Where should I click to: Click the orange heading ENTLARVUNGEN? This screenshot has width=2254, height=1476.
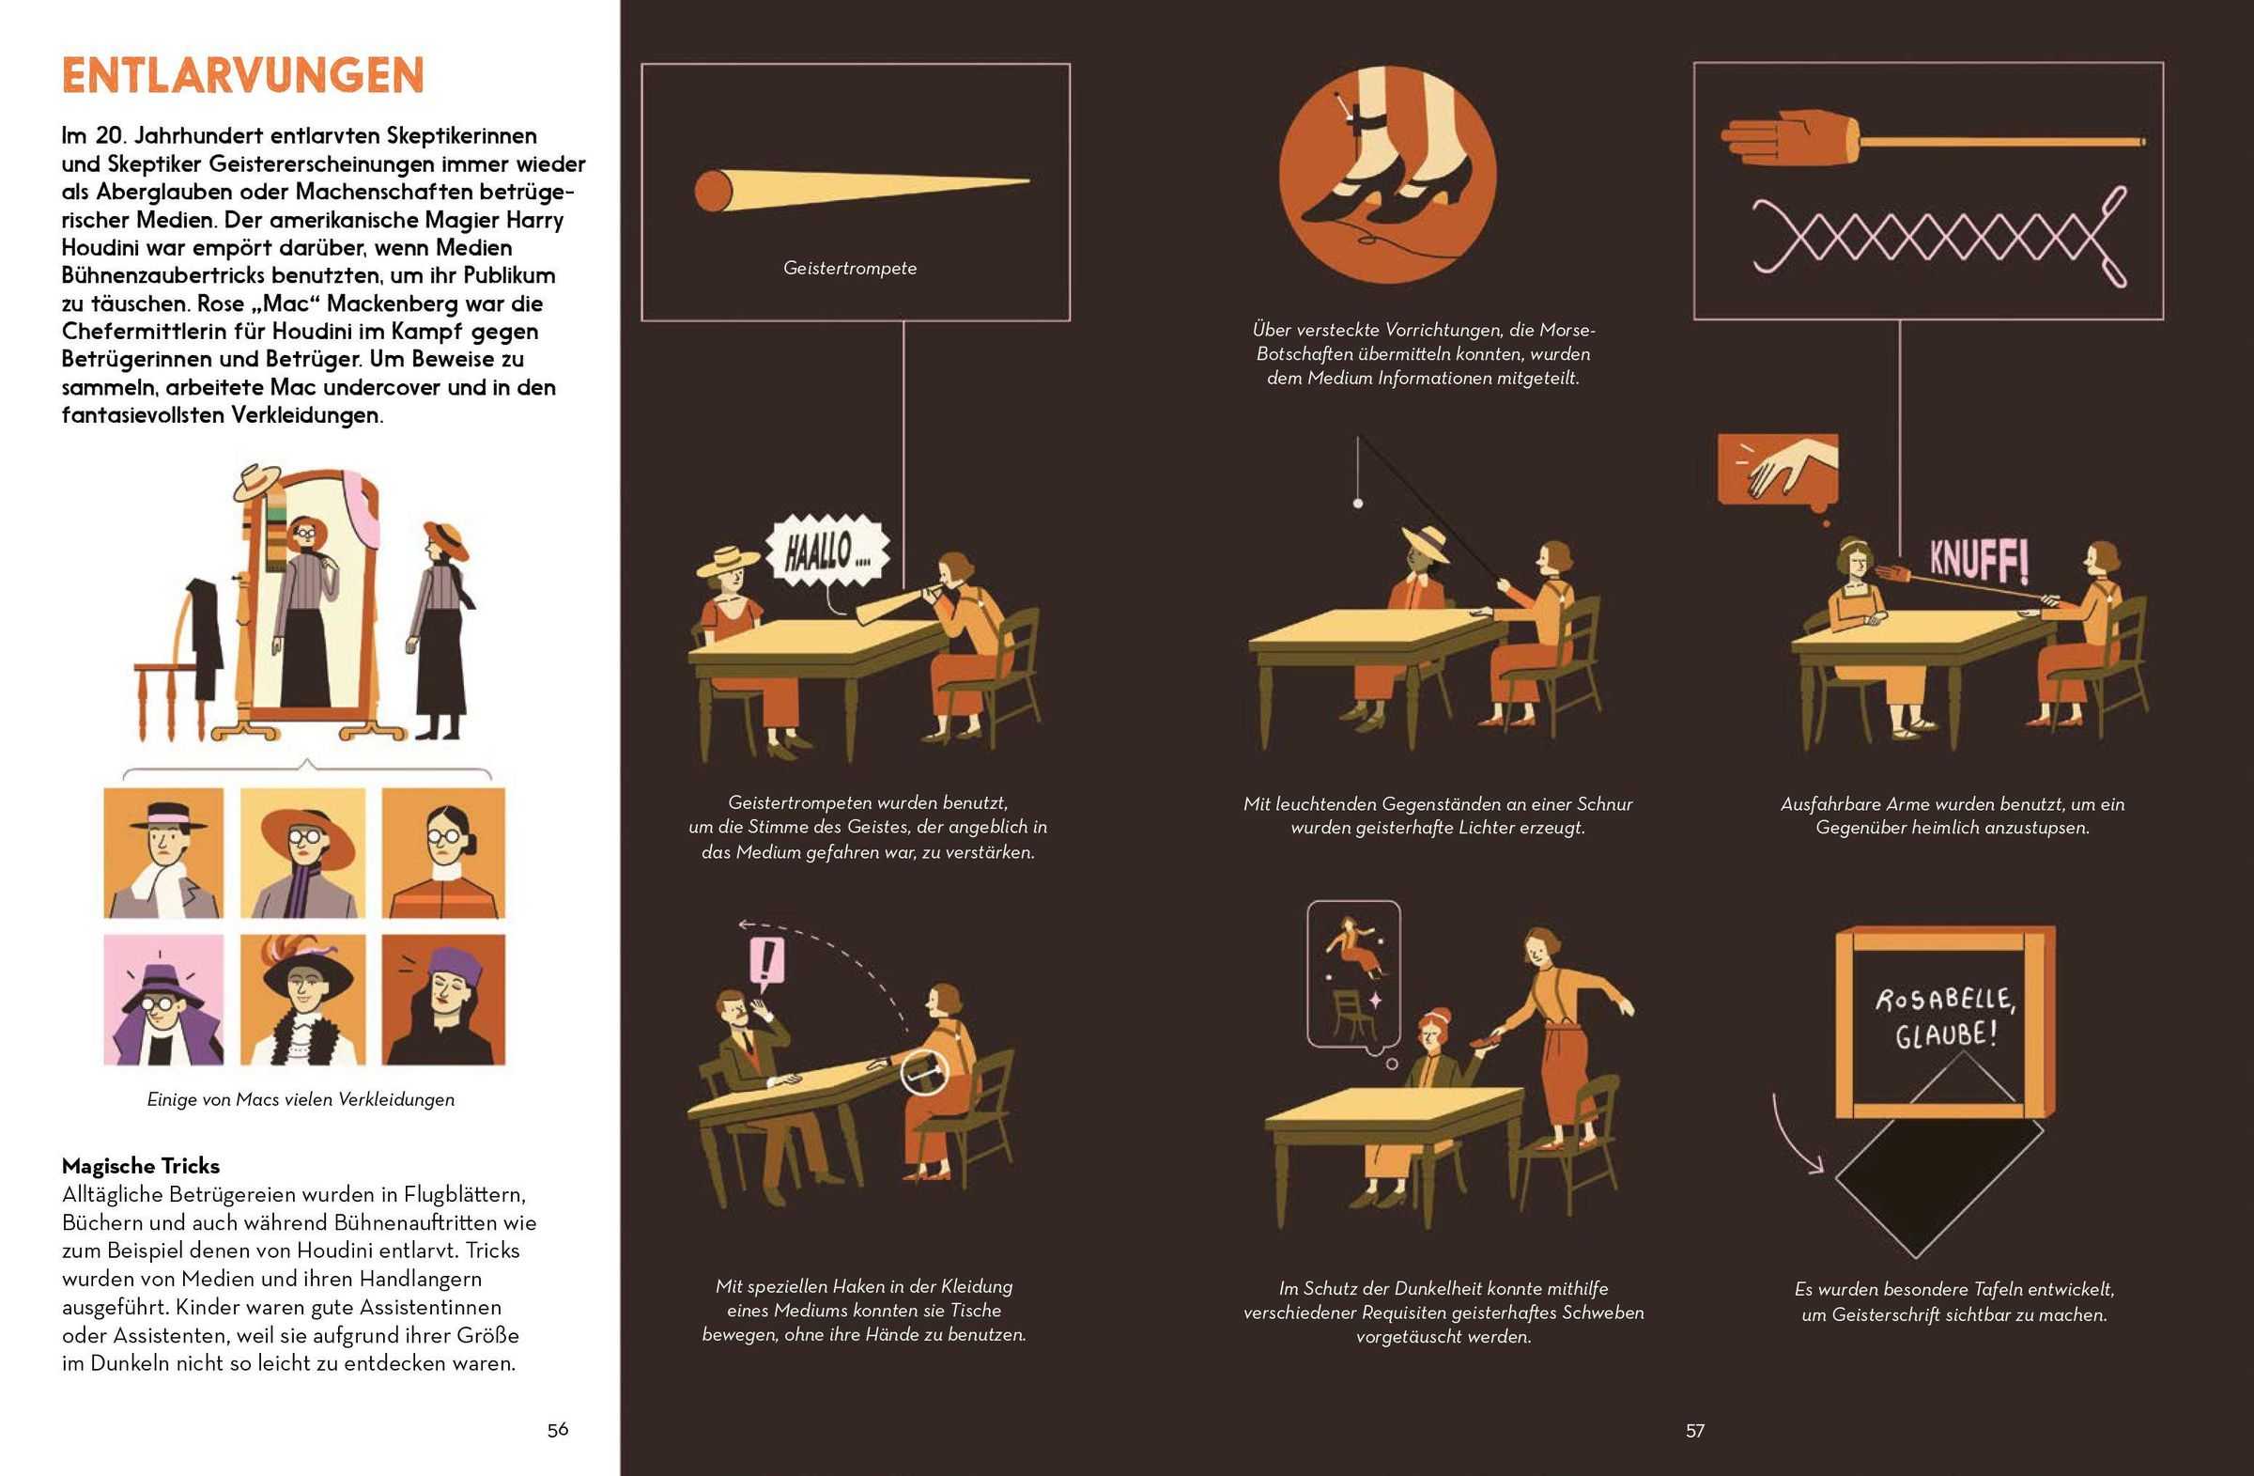click(x=243, y=76)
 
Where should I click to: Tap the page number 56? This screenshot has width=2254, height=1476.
click(x=558, y=1430)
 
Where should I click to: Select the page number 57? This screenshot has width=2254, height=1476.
click(x=1695, y=1431)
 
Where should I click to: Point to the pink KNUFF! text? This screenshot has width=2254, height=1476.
click(x=1979, y=561)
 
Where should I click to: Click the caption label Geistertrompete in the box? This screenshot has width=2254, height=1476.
click(x=850, y=268)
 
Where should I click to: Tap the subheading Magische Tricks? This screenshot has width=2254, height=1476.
click(x=141, y=1165)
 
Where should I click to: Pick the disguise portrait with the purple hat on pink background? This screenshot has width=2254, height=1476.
click(x=163, y=1000)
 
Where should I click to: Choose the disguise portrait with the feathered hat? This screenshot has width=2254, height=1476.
click(x=303, y=1000)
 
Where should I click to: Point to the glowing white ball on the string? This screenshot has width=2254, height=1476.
click(x=1358, y=503)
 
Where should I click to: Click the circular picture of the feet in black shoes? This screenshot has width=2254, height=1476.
click(x=1387, y=176)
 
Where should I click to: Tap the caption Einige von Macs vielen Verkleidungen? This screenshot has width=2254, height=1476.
click(x=301, y=1100)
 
